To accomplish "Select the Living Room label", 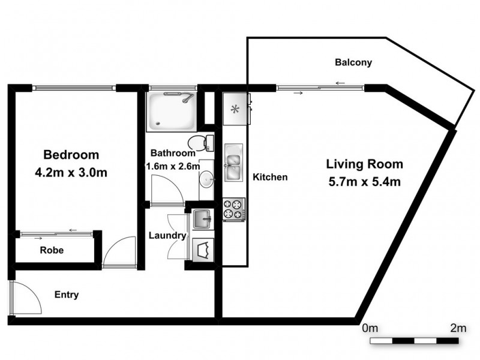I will coord(364,164).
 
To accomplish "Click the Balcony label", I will coord(353,62).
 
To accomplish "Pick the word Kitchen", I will coord(270,177).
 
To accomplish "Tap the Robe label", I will coord(52,250).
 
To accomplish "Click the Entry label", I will coord(67,295).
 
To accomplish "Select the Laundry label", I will coord(167,236).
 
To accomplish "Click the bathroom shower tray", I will coord(172,112).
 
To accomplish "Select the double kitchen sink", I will coord(233,162).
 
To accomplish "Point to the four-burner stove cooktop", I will coord(233,209).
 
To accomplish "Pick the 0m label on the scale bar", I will coord(370,328).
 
